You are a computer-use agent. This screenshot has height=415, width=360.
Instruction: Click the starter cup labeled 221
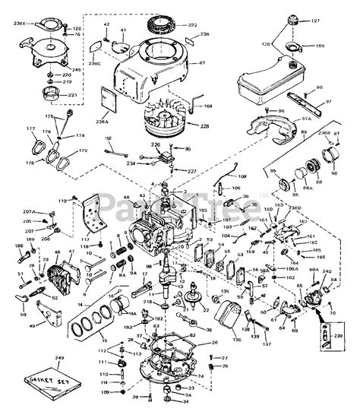(x=48, y=96)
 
